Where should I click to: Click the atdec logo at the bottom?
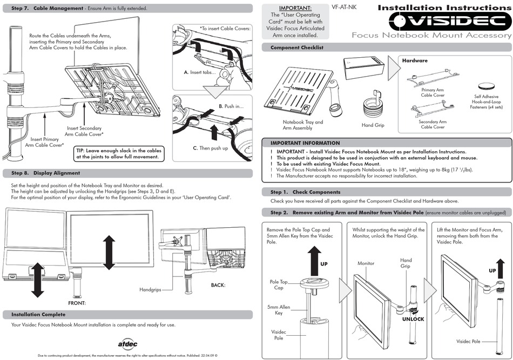point(128,343)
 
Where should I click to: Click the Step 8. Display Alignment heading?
point(46,173)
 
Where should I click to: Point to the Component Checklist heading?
point(296,47)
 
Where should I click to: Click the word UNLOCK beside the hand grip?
point(413,319)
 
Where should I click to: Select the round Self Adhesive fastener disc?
point(486,86)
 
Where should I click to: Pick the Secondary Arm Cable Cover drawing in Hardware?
point(432,110)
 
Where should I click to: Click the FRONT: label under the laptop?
point(77,303)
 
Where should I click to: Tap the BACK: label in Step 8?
point(218,284)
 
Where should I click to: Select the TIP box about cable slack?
point(119,154)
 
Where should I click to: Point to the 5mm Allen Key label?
point(279,310)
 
